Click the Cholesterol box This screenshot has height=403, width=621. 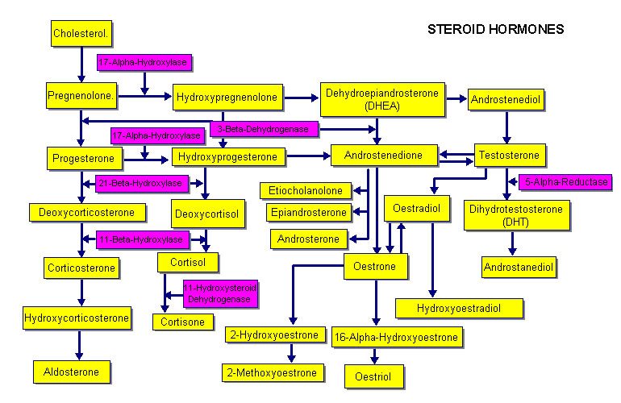tap(81, 34)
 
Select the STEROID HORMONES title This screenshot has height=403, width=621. tap(494, 29)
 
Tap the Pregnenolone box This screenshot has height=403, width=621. tap(83, 95)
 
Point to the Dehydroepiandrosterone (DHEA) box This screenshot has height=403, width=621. tap(381, 99)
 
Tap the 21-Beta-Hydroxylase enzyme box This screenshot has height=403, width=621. tap(142, 184)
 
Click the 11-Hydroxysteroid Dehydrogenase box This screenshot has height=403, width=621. tap(221, 293)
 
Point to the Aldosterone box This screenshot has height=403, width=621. tap(72, 372)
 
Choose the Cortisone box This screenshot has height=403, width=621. tap(183, 322)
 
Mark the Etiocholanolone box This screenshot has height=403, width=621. tap(306, 190)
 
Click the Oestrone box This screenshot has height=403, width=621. tap(376, 267)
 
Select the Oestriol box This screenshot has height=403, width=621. tap(373, 376)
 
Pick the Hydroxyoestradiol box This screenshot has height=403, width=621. tap(459, 308)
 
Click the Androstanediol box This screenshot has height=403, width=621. tap(519, 266)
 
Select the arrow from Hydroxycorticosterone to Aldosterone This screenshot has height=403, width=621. tap(79, 343)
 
